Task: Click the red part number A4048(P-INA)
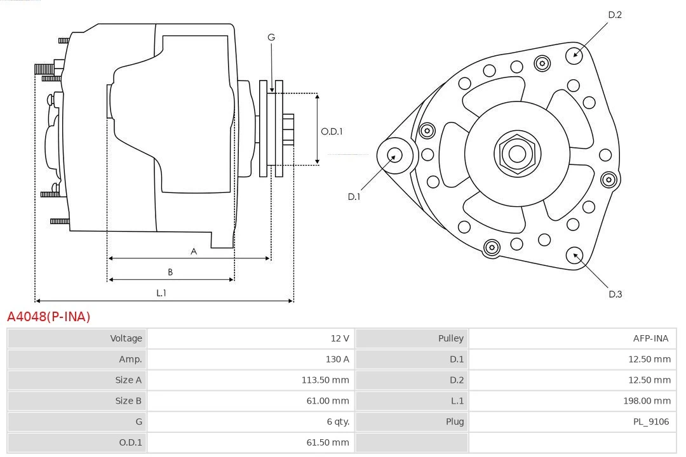click(49, 317)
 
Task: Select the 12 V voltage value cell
click(340, 338)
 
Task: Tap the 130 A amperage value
click(337, 359)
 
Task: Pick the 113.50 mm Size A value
click(325, 380)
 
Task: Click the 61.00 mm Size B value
click(327, 401)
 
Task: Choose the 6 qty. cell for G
click(337, 421)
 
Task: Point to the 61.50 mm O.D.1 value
click(327, 442)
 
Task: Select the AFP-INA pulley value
click(650, 338)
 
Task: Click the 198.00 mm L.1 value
click(647, 401)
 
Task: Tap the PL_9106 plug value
click(651, 421)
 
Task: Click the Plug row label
click(454, 421)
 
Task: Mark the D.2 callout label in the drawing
click(614, 15)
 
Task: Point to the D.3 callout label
click(615, 294)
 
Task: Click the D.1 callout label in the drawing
click(354, 197)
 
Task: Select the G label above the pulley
click(271, 37)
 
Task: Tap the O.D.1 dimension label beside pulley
click(332, 131)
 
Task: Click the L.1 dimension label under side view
click(161, 293)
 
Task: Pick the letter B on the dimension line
click(170, 272)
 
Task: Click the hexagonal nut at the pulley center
click(517, 154)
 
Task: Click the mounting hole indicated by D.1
click(394, 154)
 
